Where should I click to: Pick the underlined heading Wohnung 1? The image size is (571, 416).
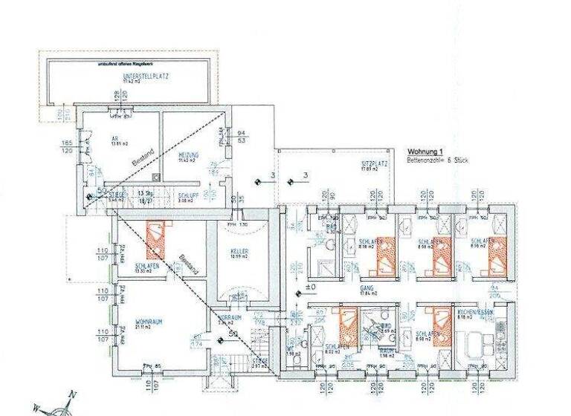pyautogui.click(x=425, y=151)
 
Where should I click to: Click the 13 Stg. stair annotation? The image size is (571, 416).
pyautogui.click(x=145, y=192)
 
